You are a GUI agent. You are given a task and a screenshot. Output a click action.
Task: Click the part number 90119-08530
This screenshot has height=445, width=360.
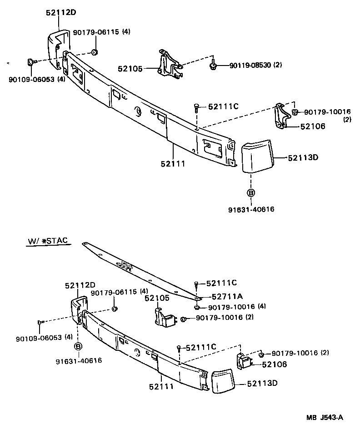(x=250, y=65)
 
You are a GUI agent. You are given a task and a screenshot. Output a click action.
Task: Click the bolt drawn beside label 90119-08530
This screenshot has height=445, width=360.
(x=213, y=66)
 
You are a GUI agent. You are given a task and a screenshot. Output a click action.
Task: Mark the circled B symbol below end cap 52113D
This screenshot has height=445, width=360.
(x=250, y=192)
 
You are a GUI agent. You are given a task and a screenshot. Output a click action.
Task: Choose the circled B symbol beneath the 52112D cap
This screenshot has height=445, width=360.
(x=78, y=346)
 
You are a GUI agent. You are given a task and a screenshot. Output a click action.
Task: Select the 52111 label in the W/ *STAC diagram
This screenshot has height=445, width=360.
(x=161, y=387)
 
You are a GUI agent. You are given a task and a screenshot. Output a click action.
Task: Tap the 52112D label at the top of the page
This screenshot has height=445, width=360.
(x=60, y=13)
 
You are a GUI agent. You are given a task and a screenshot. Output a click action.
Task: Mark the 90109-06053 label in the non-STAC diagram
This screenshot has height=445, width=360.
(x=30, y=79)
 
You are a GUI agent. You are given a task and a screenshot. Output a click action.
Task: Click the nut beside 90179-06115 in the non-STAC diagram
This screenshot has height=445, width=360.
(x=94, y=51)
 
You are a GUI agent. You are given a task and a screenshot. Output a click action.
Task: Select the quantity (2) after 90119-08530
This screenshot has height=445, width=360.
(x=277, y=65)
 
